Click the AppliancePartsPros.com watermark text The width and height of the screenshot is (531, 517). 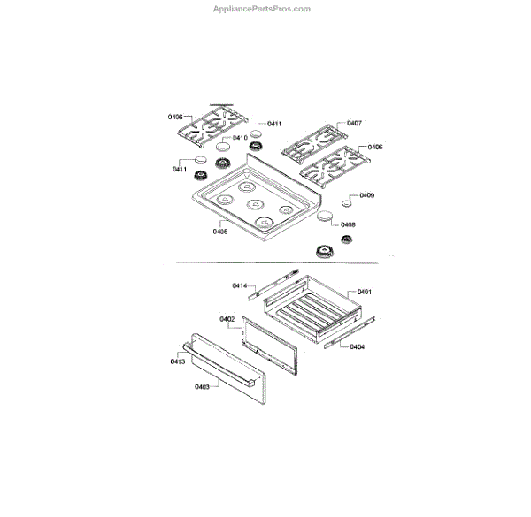click(264, 9)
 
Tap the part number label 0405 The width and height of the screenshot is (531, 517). click(220, 232)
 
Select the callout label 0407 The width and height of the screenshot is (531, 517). click(354, 123)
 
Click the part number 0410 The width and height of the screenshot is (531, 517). click(240, 138)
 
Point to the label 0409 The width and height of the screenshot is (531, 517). click(366, 195)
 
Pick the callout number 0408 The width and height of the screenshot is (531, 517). click(348, 224)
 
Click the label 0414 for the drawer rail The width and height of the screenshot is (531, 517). click(240, 285)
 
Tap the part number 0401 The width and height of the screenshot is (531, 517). click(365, 291)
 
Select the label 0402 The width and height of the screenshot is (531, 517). click(227, 318)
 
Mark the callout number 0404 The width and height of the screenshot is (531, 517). click(357, 346)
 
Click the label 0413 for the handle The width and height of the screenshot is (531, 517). click(178, 361)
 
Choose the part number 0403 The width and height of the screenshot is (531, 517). click(202, 387)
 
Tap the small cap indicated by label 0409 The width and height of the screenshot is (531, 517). click(347, 203)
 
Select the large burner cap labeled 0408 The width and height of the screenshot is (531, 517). click(324, 217)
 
